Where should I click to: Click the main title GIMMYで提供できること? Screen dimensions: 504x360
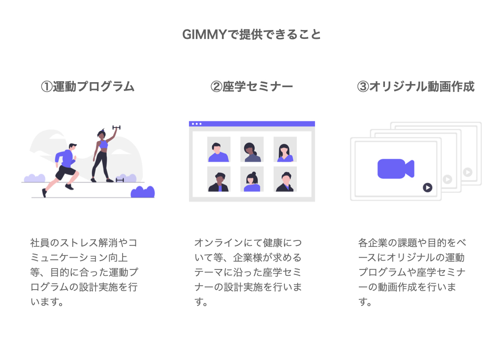(x=252, y=34)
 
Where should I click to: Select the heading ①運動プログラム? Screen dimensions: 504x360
(x=88, y=87)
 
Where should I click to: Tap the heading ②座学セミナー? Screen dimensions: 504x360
(x=252, y=87)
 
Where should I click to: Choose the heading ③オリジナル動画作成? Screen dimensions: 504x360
(x=415, y=87)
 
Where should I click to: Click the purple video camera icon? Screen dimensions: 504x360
(x=396, y=169)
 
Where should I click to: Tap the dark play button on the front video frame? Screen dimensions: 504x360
(x=428, y=187)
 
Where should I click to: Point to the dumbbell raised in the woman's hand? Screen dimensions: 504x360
(x=116, y=127)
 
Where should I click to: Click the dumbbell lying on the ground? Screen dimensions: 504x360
(x=120, y=180)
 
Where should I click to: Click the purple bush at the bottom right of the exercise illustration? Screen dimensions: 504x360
(x=143, y=192)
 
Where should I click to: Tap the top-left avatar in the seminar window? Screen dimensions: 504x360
(x=219, y=150)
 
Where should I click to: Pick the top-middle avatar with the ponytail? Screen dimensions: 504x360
(x=252, y=150)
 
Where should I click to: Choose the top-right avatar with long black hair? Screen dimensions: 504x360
(x=285, y=150)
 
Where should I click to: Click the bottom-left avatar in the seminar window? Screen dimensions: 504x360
(x=219, y=179)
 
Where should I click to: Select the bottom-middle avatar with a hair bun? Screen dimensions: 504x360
(x=252, y=179)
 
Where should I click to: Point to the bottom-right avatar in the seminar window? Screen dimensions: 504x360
(x=285, y=179)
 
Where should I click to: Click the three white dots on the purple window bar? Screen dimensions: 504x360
(x=196, y=124)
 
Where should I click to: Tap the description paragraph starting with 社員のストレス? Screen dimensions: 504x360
(x=84, y=272)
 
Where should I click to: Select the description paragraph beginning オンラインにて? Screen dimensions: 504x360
(x=248, y=272)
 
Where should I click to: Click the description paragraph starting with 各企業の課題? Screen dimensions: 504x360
(x=412, y=272)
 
